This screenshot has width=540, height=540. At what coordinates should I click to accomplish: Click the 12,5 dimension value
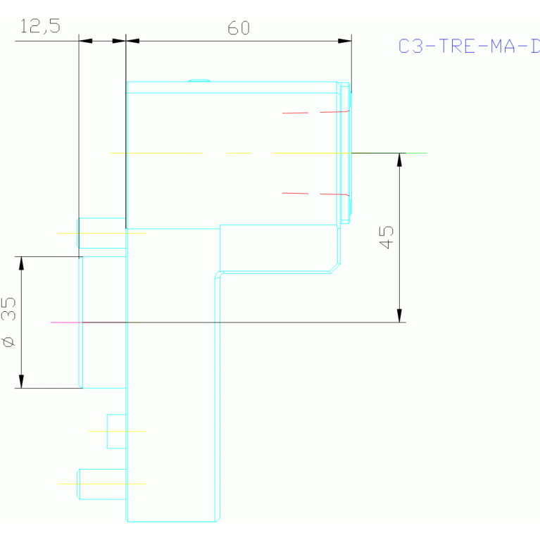coord(40,27)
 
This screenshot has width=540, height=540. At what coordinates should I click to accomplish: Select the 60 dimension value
coord(239,28)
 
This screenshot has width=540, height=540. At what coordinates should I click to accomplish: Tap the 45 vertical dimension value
coord(386,237)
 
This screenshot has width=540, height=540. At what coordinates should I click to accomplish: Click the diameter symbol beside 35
coord(9,342)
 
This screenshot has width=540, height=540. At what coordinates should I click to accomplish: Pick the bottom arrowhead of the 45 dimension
coord(399,315)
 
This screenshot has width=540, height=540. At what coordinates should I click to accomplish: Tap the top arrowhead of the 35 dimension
coord(21,263)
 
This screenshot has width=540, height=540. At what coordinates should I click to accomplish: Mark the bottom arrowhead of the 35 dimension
coord(21,382)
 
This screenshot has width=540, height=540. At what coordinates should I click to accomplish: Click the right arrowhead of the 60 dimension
coord(344,41)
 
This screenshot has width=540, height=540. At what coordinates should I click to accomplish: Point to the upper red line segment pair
coord(315,113)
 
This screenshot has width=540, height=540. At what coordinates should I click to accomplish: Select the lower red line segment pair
coord(315,194)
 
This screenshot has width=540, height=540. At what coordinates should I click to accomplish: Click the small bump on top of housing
coord(199,80)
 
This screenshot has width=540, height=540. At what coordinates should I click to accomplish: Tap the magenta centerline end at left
coord(53,322)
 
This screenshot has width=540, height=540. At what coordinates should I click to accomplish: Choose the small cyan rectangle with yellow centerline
coord(116,431)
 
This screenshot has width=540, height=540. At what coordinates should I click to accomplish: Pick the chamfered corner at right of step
coord(335,268)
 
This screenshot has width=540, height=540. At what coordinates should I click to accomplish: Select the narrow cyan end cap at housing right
coord(345,153)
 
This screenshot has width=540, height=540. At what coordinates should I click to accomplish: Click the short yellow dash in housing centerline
coord(239,153)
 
